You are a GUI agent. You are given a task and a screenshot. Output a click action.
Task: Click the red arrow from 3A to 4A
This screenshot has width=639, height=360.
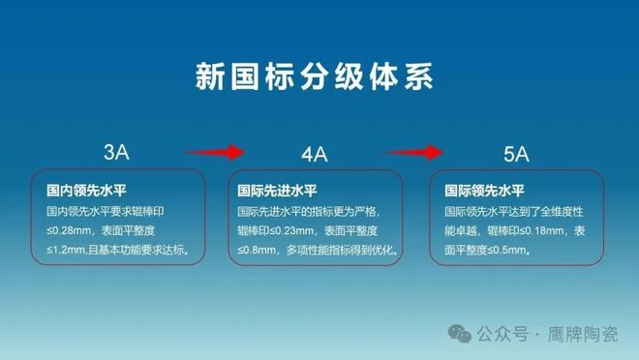tap(215, 151)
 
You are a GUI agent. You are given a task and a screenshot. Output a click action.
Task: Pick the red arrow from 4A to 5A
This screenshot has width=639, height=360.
tap(414, 151)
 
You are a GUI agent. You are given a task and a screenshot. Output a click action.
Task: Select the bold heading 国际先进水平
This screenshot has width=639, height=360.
tap(270, 191)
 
